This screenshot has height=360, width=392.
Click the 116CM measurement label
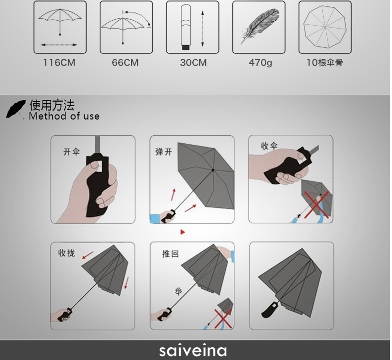(59, 63)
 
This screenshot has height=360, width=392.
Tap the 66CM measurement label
(125, 63)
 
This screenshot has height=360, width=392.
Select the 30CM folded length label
(193, 63)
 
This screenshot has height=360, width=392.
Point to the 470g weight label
(260, 63)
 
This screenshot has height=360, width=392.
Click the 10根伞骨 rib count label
(324, 63)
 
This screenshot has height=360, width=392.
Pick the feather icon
(259, 27)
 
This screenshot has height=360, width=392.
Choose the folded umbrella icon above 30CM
(186, 27)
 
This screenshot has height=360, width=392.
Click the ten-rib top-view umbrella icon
(325, 27)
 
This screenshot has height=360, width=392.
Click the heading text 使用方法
(52, 105)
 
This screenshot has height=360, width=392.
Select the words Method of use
(64, 117)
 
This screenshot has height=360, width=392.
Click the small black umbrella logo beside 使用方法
(16, 109)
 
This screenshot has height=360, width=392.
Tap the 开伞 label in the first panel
(71, 152)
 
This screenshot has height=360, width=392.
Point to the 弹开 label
(164, 152)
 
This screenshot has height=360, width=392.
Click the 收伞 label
(269, 146)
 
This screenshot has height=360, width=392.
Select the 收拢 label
(67, 253)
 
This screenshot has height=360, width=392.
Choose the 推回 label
(171, 254)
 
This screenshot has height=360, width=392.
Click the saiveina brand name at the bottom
(193, 351)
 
